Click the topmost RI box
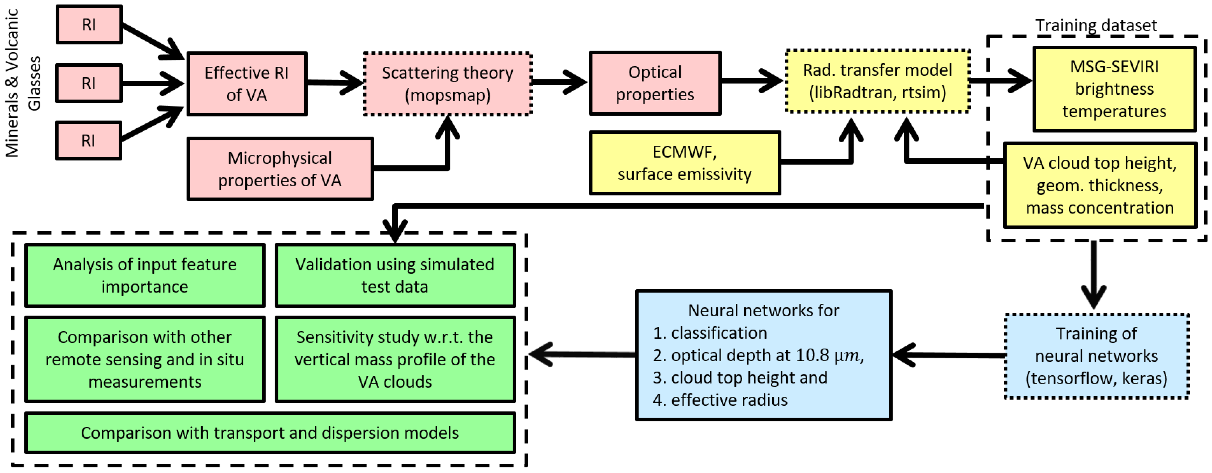tap(89, 24)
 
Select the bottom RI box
tap(88, 141)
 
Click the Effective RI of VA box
tap(246, 84)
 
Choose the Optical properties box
tap(655, 83)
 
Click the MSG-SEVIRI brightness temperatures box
tap(1114, 89)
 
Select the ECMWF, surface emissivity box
tap(684, 163)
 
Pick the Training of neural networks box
tap(1096, 356)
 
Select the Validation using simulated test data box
tap(395, 275)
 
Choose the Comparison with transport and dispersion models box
tap(269, 433)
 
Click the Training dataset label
tap(1096, 25)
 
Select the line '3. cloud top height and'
tap(739, 377)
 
